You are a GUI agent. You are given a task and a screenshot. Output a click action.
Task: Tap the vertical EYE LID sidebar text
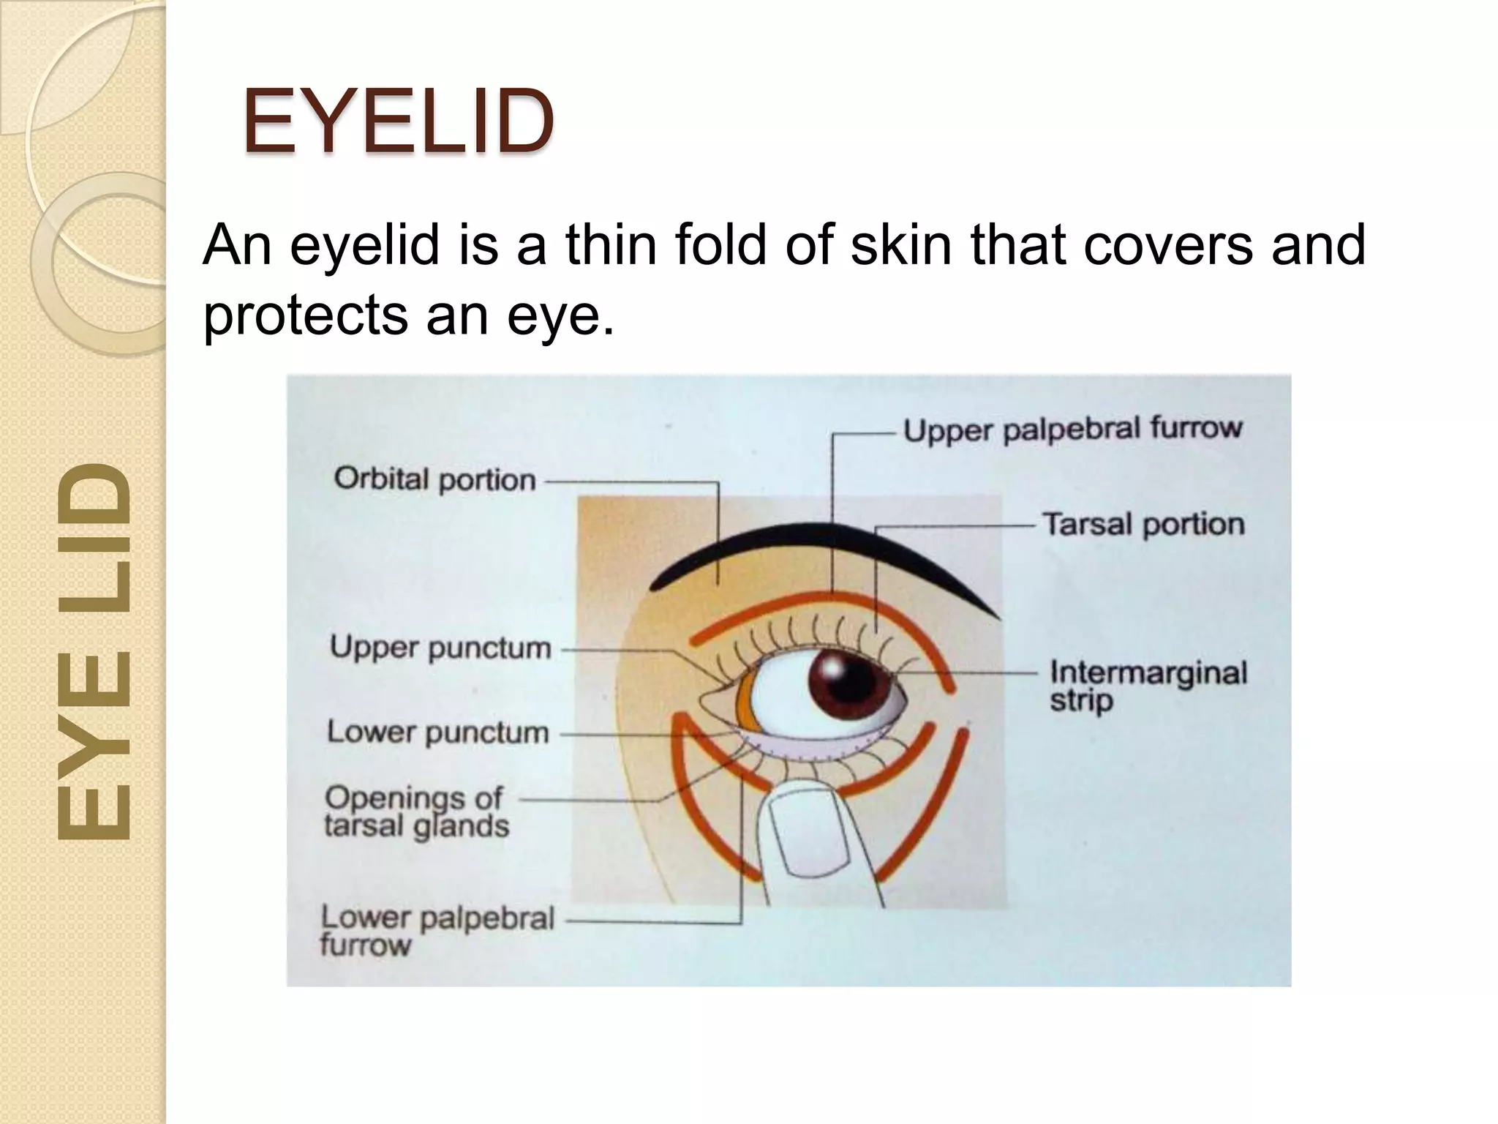click(94, 651)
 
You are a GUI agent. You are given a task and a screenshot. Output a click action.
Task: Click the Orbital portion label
click(434, 480)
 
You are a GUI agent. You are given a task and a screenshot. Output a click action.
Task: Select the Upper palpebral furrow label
click(1072, 429)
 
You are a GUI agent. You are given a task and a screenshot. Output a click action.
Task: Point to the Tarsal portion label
click(1143, 524)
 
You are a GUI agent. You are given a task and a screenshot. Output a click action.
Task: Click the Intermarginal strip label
click(1148, 685)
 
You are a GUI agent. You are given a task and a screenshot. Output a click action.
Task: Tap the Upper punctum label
click(440, 648)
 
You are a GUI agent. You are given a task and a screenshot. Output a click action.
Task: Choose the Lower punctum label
click(437, 732)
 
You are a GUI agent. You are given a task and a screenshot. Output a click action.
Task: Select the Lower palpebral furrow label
click(437, 930)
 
